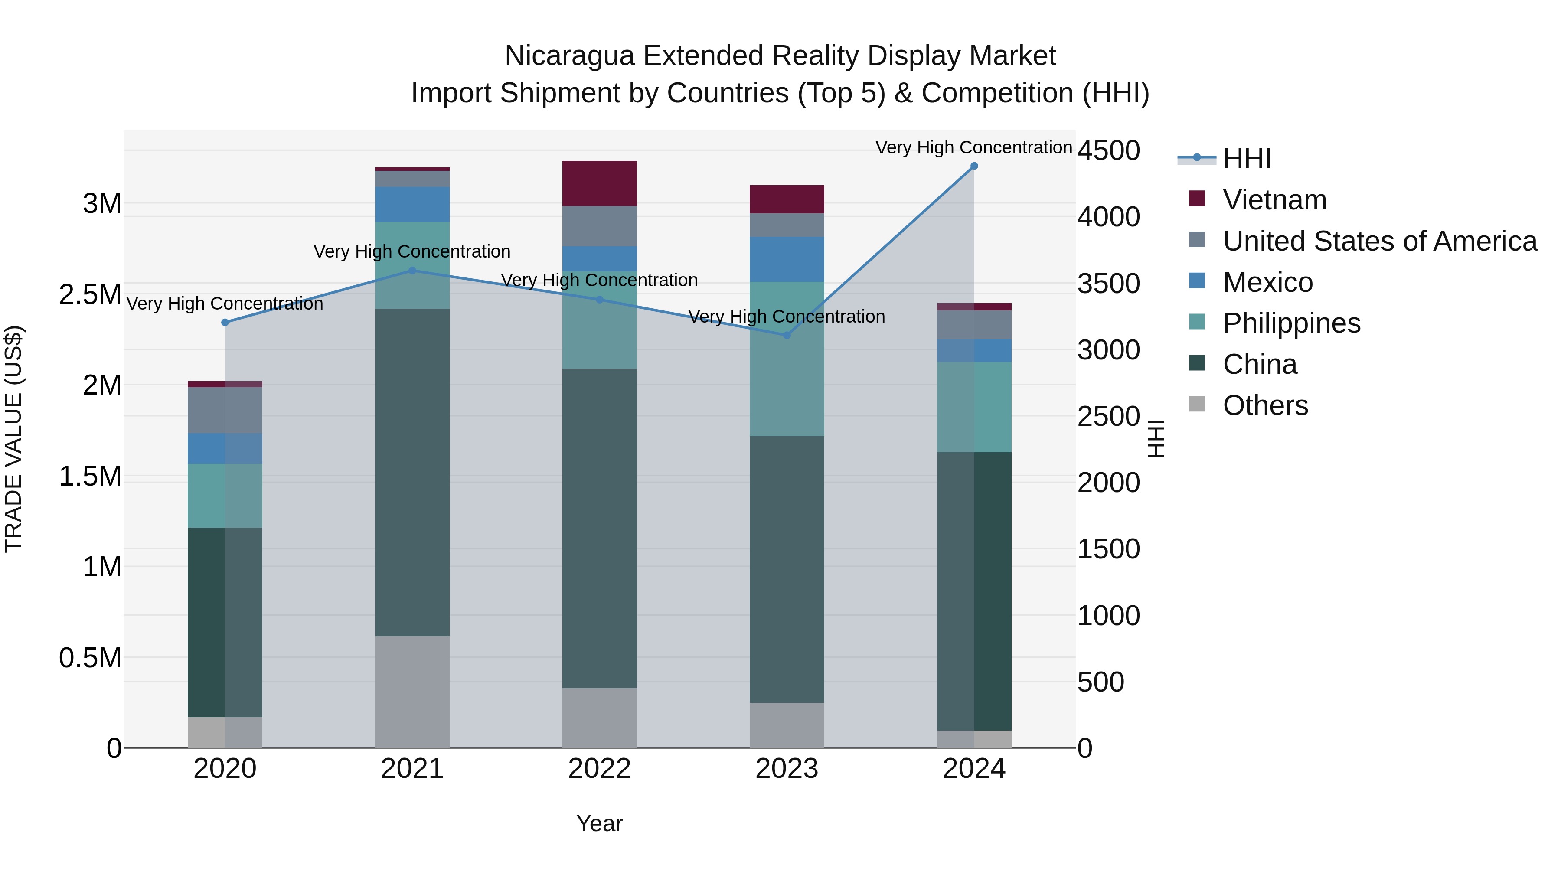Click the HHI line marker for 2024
coord(974,166)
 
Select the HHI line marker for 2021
coord(412,271)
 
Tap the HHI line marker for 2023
coord(787,335)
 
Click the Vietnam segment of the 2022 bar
coord(599,183)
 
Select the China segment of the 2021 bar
coord(412,472)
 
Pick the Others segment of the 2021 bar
coord(412,692)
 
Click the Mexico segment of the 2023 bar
coord(787,259)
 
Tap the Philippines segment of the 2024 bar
coord(974,407)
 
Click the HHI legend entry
coord(1246,159)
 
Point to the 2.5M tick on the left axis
coord(90,294)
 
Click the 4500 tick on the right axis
coord(1108,150)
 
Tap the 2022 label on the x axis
coord(599,769)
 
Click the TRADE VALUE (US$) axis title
coord(13,439)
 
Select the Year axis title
coord(599,823)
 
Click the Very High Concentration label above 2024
coord(974,147)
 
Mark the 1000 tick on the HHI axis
coord(1108,616)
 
